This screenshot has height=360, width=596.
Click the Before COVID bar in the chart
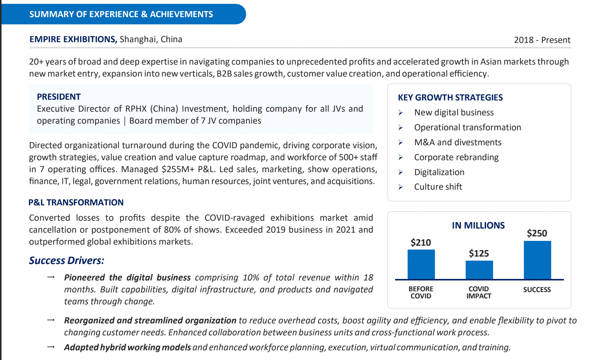[x=421, y=264]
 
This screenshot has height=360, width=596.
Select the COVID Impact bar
[x=479, y=270]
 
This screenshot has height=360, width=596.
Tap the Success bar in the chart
[x=537, y=260]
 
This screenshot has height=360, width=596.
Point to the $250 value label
[x=537, y=233]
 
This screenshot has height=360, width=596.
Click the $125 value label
[x=479, y=254]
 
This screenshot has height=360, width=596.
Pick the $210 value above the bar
[x=421, y=243]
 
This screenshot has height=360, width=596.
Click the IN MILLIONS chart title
[x=478, y=226]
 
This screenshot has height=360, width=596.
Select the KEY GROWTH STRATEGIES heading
[x=450, y=97]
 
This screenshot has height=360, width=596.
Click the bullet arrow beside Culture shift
[x=401, y=187]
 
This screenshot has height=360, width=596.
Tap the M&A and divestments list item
[x=458, y=142]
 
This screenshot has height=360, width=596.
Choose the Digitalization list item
[x=439, y=172]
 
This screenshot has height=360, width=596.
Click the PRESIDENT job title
[x=59, y=97]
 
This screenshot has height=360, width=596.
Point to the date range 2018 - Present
[x=542, y=40]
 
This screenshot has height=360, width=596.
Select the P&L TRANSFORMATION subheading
[x=76, y=202]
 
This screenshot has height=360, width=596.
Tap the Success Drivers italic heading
[x=66, y=260]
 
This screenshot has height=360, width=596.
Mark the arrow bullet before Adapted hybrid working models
[x=51, y=347]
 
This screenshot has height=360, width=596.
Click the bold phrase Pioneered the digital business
[x=127, y=277]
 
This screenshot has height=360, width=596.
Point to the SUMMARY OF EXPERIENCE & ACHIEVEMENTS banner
[x=121, y=14]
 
